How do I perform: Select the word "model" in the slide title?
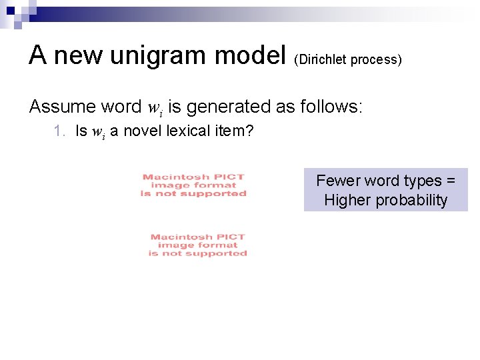(x=252, y=55)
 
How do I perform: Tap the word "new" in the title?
(x=75, y=55)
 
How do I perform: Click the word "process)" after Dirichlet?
(x=377, y=59)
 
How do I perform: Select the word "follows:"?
(x=329, y=106)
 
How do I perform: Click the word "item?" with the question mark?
(x=235, y=131)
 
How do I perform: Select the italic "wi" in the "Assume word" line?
(x=155, y=107)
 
